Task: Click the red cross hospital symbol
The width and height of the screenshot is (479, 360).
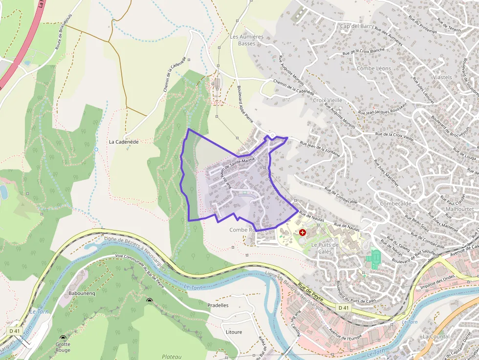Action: [x=302, y=233]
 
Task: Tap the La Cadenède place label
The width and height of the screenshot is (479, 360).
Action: [x=124, y=142]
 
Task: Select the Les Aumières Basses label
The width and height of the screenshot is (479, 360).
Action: [x=246, y=40]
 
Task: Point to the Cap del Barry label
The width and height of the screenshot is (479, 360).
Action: [x=357, y=26]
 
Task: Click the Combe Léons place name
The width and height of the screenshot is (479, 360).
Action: [x=374, y=68]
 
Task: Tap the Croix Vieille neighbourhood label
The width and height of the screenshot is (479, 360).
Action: [x=327, y=100]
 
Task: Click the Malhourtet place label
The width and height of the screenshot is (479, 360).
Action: [x=460, y=209]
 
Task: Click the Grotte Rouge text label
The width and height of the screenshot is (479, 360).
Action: [x=63, y=347]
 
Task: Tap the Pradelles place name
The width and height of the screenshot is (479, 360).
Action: [x=218, y=305]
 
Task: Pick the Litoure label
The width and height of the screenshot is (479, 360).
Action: [x=234, y=332]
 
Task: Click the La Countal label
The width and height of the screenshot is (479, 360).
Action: [x=436, y=337]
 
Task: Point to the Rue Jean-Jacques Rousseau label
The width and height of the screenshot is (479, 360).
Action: [x=383, y=109]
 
